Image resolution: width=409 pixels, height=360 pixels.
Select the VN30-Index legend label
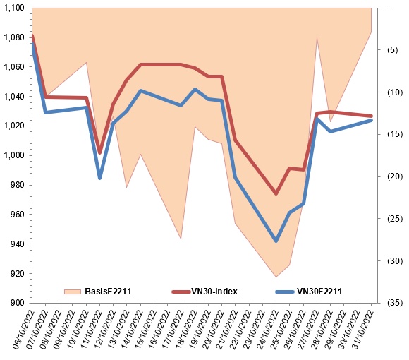(x=214, y=291)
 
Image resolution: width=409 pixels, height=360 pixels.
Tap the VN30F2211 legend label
(x=319, y=291)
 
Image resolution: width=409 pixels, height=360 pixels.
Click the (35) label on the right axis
(x=395, y=303)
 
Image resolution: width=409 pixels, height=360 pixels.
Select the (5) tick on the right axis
(x=393, y=50)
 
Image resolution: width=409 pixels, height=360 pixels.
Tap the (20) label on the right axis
(x=395, y=176)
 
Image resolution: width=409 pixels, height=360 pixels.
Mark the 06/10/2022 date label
(x=23, y=329)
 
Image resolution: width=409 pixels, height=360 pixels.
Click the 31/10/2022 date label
(x=362, y=329)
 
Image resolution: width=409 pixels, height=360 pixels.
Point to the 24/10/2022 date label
(x=267, y=329)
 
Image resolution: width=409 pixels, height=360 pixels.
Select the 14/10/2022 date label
(x=132, y=329)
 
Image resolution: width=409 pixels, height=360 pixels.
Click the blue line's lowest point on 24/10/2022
(x=276, y=241)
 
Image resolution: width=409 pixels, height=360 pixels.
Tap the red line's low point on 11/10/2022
(x=99, y=152)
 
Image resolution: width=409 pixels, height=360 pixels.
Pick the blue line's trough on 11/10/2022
(x=99, y=178)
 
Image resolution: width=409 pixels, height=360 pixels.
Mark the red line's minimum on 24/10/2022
(x=276, y=193)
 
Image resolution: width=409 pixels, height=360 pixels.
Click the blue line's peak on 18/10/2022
(x=195, y=89)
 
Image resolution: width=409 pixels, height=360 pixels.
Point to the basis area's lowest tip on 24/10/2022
(x=276, y=277)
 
